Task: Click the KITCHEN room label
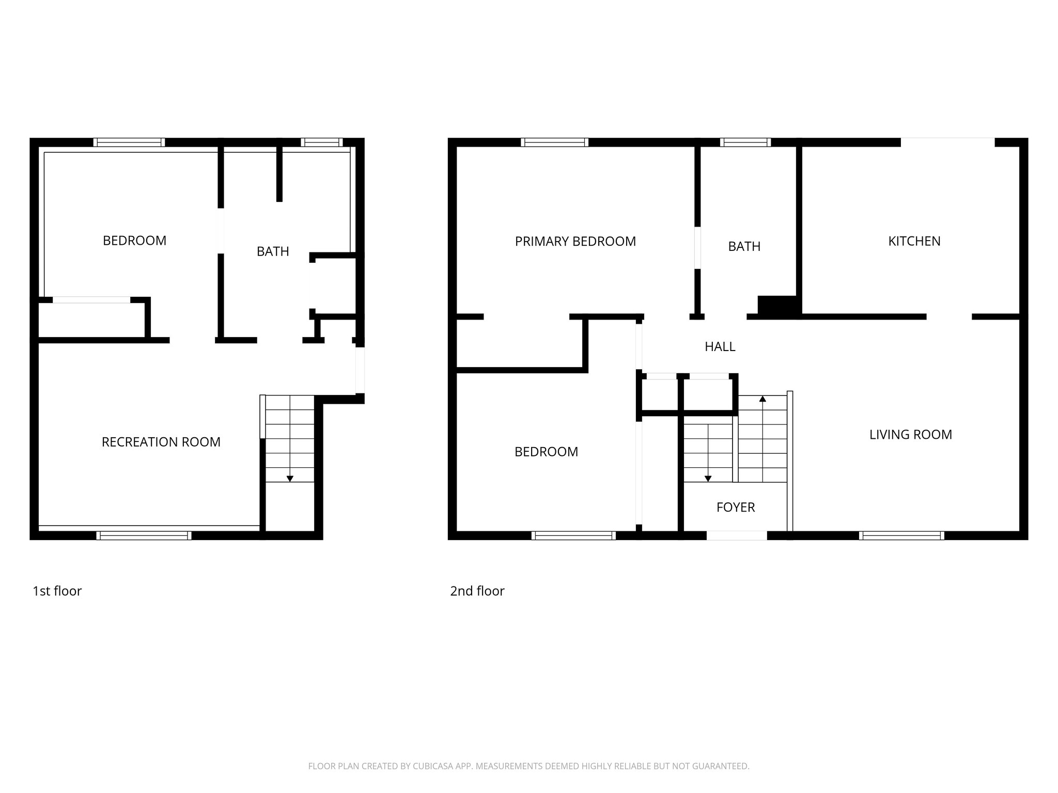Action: tap(914, 241)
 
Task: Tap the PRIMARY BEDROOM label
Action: tap(575, 241)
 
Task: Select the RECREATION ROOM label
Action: tap(161, 442)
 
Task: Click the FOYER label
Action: tap(735, 507)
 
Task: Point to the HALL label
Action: tap(720, 346)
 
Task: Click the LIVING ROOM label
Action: tap(910, 434)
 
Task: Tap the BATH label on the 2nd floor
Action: tap(744, 246)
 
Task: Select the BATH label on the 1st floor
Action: tap(273, 251)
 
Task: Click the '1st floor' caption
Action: tap(57, 591)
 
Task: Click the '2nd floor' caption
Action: tap(477, 591)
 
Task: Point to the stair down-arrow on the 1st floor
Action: tap(290, 478)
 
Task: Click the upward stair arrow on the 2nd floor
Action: tap(762, 399)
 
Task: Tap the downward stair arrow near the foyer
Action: tap(708, 478)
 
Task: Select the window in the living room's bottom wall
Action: tap(901, 536)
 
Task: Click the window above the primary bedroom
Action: tap(554, 142)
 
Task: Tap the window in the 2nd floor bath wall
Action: tap(745, 142)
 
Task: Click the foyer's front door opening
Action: tap(736, 536)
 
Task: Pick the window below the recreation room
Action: tap(144, 536)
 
